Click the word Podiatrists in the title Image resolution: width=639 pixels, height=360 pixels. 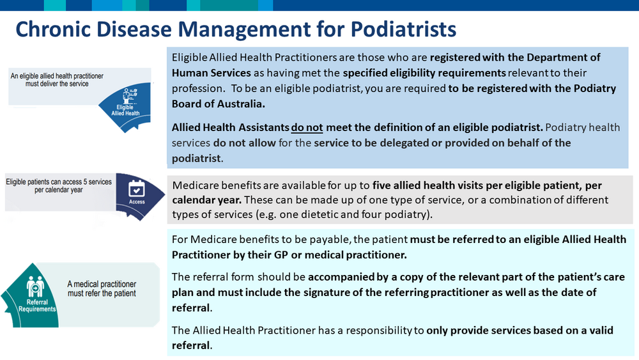tap(403, 29)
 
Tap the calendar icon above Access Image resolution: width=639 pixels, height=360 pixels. tap(137, 189)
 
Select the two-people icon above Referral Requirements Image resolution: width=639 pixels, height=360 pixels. tap(35, 286)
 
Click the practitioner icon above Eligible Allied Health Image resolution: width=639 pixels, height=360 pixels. tap(130, 96)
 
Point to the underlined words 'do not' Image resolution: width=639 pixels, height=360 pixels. tap(307, 128)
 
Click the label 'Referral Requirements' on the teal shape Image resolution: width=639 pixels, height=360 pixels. tap(37, 306)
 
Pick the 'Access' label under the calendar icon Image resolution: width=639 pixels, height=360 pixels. tap(137, 202)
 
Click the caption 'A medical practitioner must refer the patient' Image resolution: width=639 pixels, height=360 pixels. tap(102, 288)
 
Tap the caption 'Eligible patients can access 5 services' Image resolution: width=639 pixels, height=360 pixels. tap(59, 182)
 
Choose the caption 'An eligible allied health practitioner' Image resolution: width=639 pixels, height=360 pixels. tap(57, 76)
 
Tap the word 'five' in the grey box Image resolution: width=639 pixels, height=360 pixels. tap(381, 185)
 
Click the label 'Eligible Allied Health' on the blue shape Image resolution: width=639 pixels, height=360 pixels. tap(125, 111)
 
